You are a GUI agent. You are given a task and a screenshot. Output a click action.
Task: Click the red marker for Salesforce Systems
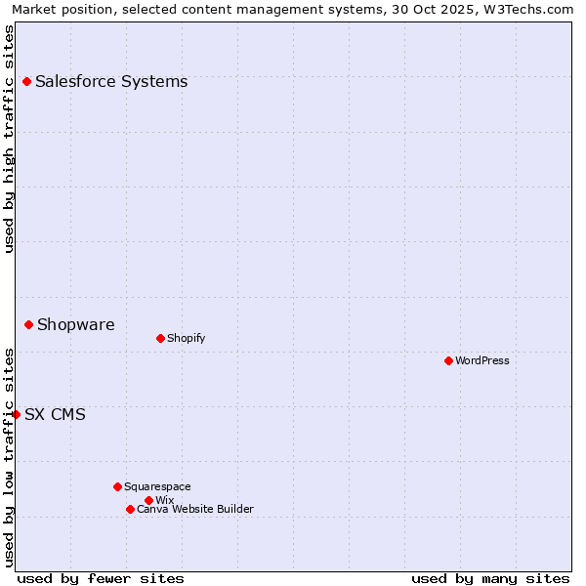coord(26,82)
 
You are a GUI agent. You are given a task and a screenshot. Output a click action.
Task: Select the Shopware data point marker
coord(28,324)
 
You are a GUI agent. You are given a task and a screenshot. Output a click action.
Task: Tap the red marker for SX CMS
coord(16,414)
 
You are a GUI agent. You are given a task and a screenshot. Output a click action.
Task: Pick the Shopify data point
coord(160,338)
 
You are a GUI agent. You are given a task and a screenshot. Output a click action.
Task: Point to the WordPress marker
coord(448,360)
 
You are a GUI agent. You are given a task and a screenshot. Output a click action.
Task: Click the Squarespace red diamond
coord(117,486)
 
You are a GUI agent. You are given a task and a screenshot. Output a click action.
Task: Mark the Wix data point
coord(148,500)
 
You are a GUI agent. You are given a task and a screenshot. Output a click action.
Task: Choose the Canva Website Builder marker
coord(130,509)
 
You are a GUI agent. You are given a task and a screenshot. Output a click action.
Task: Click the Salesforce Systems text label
coord(111,82)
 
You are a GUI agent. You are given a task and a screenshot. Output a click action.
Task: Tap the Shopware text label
coord(75,325)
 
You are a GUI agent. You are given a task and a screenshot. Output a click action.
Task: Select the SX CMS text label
coord(55,415)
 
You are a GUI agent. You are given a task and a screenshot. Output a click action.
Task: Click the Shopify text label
coord(186,339)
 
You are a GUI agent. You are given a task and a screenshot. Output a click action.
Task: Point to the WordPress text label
coord(482,361)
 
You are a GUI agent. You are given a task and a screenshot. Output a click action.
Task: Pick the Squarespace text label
coord(157,487)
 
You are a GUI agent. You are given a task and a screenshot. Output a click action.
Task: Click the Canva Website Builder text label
coord(195,510)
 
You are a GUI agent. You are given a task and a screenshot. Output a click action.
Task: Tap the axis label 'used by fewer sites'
coord(101,578)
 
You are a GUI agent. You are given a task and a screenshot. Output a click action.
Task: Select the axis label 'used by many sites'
coord(490,578)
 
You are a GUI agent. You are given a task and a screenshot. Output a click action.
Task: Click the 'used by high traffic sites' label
coord(9,139)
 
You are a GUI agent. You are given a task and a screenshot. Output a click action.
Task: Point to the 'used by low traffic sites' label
coord(9,457)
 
